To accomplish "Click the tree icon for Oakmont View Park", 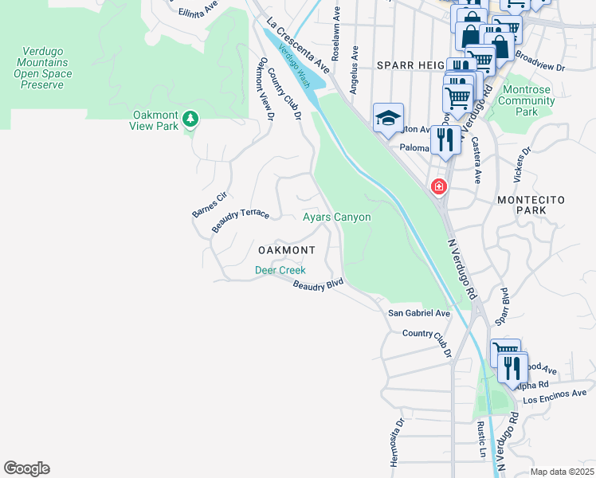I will (190, 119).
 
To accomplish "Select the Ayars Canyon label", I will (336, 217).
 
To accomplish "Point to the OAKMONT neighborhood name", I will (286, 250).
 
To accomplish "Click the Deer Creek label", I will (280, 271).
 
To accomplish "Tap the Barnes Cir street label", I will (210, 203).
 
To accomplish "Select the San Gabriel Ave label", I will (419, 313).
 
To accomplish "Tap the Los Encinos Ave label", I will (557, 394).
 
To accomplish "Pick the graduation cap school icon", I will (388, 119).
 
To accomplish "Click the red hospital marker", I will (438, 187).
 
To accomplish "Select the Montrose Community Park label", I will (526, 101).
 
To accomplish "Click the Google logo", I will (26, 468).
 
